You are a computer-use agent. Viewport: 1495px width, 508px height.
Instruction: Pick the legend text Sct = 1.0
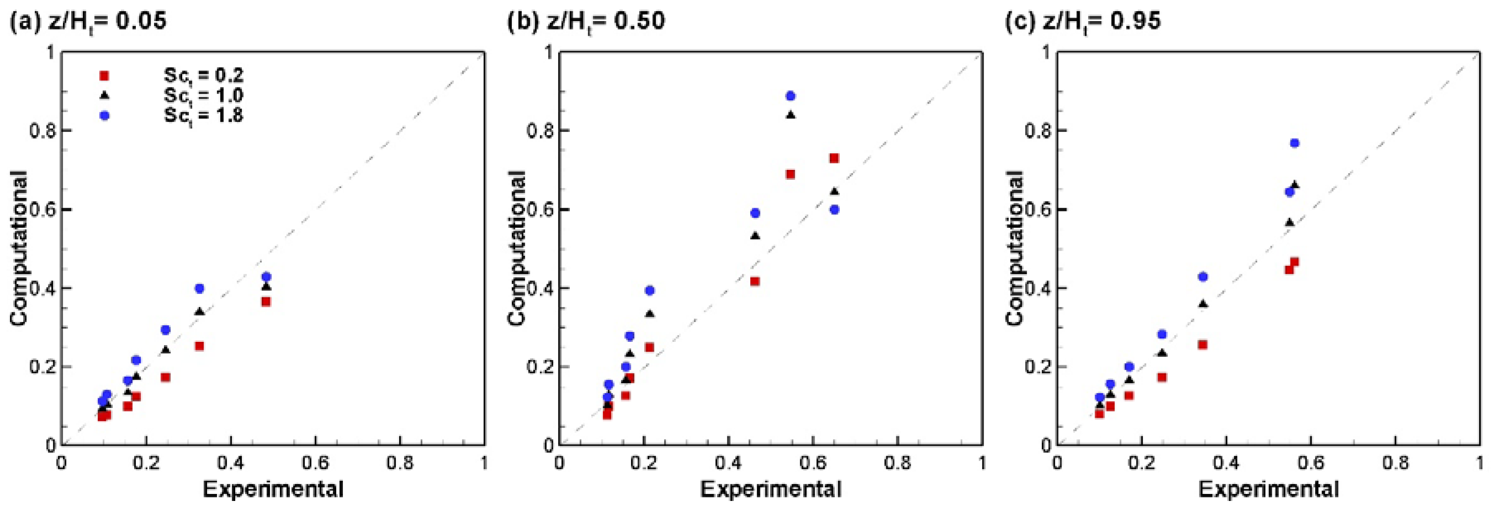coord(203,96)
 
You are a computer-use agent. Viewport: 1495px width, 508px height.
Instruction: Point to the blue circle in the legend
coord(104,116)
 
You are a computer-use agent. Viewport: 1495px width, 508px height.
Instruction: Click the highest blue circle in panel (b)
coord(790,96)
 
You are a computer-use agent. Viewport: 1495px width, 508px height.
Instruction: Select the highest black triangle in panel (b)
coord(790,115)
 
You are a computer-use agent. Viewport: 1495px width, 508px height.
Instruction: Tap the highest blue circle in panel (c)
coord(1294,143)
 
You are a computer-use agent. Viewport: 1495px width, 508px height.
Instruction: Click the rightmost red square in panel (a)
coord(266,301)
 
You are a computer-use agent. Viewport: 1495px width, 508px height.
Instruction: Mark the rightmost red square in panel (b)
coord(834,158)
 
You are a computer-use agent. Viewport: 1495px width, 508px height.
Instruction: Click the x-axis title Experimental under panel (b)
coord(771,489)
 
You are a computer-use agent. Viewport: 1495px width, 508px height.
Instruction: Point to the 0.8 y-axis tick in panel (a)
coord(42,131)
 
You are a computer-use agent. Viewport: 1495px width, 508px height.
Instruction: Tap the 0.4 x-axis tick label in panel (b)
coord(728,463)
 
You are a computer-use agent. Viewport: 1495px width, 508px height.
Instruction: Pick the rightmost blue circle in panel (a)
coord(266,277)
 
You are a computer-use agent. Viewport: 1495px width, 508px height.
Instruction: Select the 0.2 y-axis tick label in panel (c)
coord(1038,367)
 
